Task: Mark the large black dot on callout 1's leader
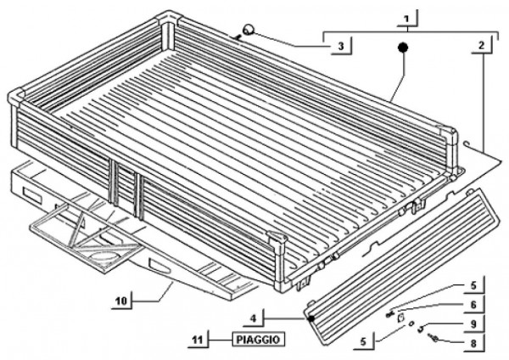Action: [x=405, y=48]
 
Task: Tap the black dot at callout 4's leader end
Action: [x=313, y=318]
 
